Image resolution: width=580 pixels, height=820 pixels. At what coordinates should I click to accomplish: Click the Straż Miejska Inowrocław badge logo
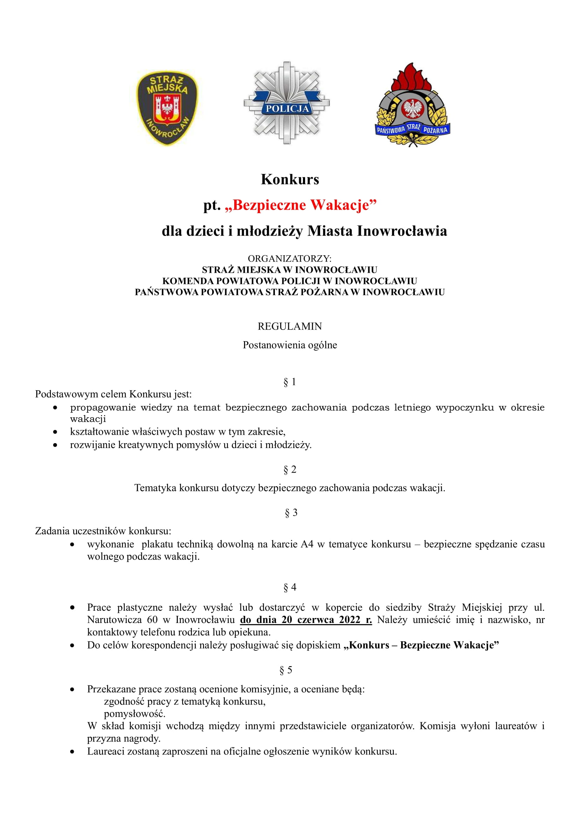click(x=167, y=108)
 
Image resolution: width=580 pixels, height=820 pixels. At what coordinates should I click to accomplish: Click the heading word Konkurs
click(x=290, y=179)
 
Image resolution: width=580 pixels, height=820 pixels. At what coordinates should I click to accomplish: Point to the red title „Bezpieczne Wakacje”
click(x=301, y=205)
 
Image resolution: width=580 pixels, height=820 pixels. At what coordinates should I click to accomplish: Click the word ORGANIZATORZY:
click(x=290, y=258)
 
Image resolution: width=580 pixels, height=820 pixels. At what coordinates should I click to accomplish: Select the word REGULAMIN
click(x=290, y=326)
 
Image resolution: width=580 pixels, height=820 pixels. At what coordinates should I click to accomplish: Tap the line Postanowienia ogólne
click(x=290, y=345)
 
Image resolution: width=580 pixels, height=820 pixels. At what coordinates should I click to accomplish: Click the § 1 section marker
click(x=290, y=382)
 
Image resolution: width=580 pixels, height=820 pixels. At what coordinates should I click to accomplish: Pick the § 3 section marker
click(x=291, y=513)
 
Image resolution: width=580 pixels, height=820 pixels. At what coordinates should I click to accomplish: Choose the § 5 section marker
click(x=286, y=670)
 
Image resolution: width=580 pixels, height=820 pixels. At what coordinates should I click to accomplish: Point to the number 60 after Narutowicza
click(x=152, y=619)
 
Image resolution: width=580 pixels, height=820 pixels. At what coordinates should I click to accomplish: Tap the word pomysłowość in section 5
click(x=134, y=713)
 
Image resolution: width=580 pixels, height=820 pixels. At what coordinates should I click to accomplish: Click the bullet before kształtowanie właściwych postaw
click(x=55, y=432)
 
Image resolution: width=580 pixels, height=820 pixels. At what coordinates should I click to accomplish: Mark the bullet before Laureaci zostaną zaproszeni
click(x=73, y=751)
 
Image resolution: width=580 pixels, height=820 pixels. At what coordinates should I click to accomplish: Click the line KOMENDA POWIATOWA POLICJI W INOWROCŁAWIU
click(x=290, y=281)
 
